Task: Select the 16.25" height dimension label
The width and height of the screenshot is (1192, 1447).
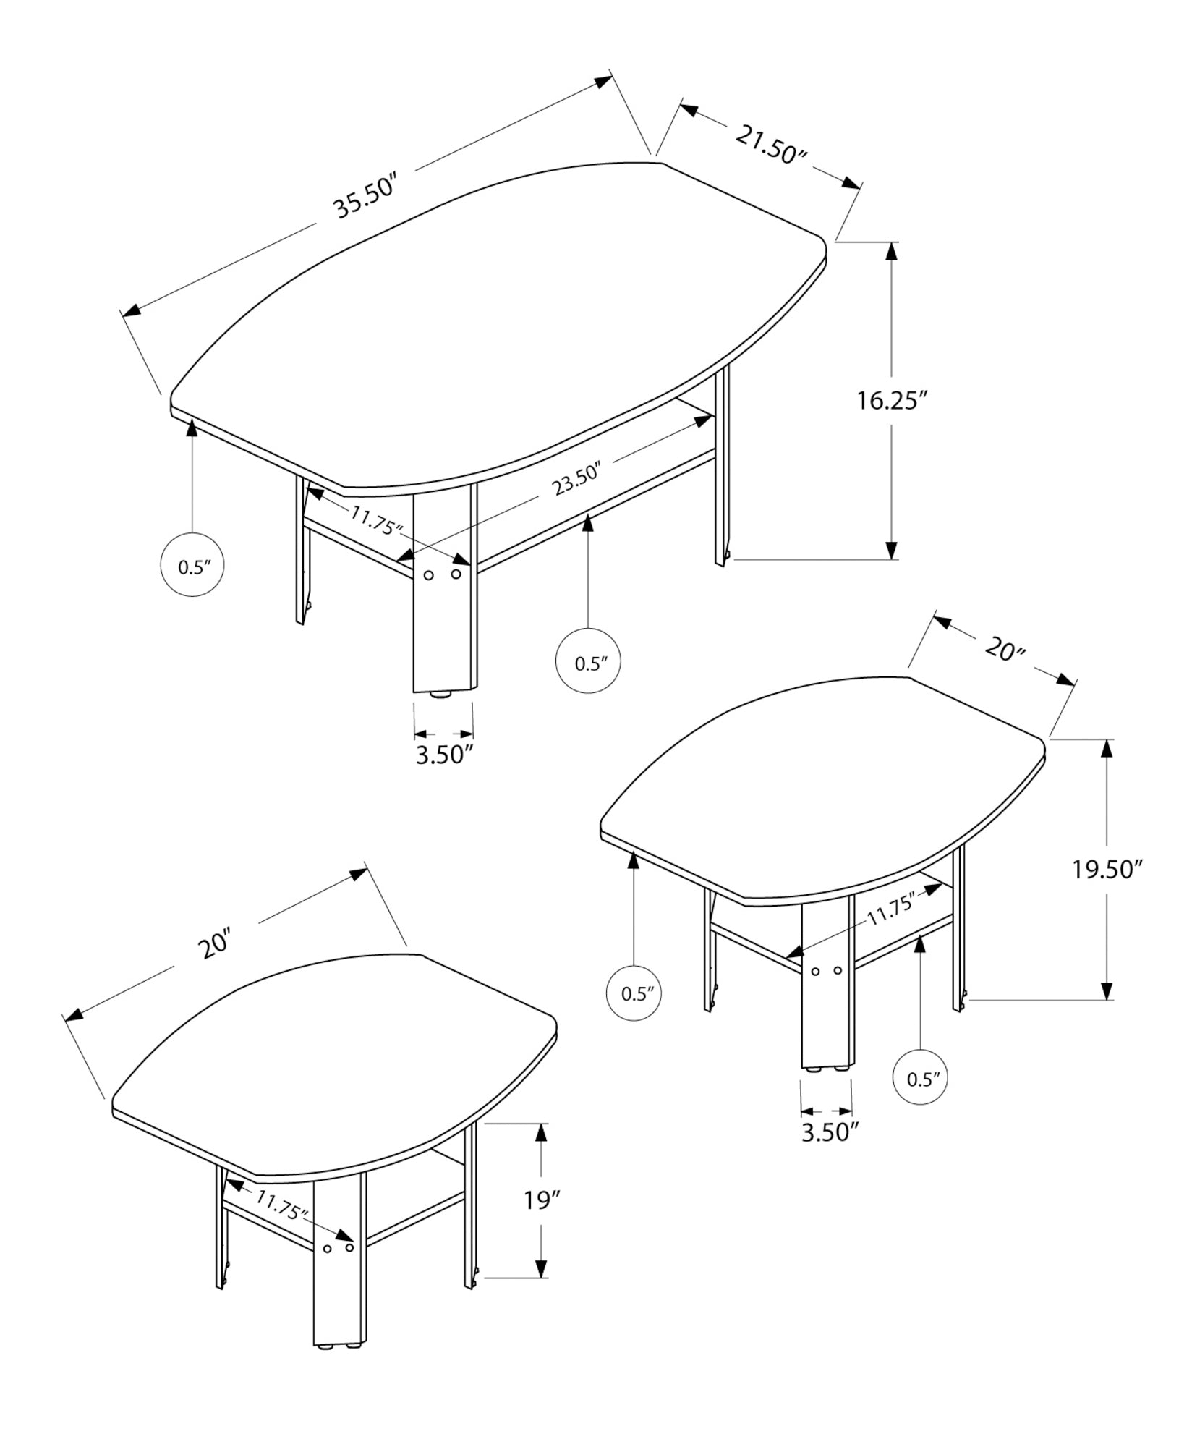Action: tap(892, 400)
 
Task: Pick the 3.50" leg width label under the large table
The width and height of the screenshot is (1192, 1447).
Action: tap(444, 755)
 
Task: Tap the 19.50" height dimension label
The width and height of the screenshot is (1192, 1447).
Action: tap(1107, 869)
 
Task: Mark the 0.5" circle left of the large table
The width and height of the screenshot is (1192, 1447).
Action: tap(192, 567)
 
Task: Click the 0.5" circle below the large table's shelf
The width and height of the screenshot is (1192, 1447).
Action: tap(587, 663)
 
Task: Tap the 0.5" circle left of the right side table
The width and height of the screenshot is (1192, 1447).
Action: tap(634, 993)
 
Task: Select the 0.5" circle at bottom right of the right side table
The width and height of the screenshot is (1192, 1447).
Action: tap(920, 1100)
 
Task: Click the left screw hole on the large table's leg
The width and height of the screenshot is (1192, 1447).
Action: tap(428, 575)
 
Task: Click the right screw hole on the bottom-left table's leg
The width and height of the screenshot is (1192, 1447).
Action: tap(349, 1247)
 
